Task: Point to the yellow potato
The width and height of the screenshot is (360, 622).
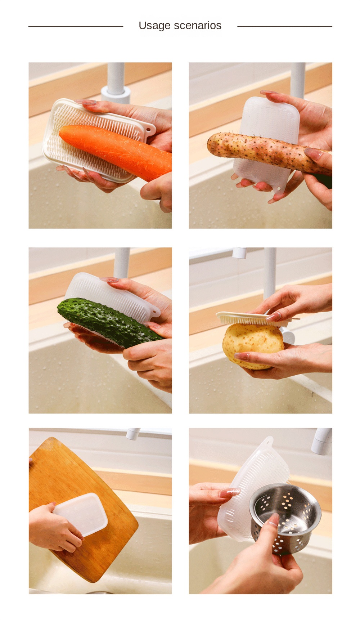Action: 253,345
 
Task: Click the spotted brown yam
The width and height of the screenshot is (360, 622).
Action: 268,152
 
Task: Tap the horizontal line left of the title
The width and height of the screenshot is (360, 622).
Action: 76,26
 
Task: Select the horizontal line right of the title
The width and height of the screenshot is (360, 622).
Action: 285,26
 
